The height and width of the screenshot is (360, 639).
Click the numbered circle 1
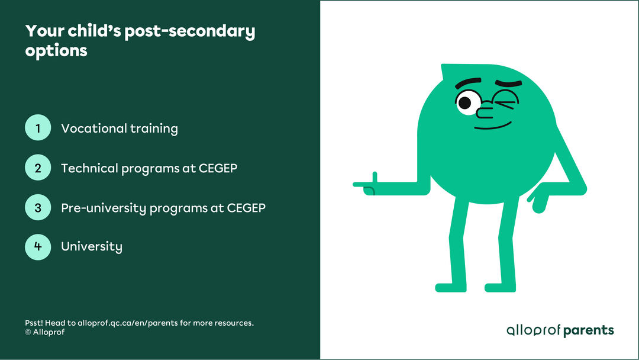point(38,128)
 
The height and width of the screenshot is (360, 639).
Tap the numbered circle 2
point(38,168)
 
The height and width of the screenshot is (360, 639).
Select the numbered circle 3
point(38,208)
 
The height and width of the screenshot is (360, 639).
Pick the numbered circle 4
point(38,247)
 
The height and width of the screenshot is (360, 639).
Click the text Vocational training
point(119,128)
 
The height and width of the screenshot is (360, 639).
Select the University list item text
point(92,247)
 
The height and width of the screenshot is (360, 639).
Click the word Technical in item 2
point(89,168)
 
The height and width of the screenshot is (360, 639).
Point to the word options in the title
point(56,51)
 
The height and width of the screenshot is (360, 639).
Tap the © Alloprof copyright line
point(44,332)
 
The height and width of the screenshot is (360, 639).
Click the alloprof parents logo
point(560,330)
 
